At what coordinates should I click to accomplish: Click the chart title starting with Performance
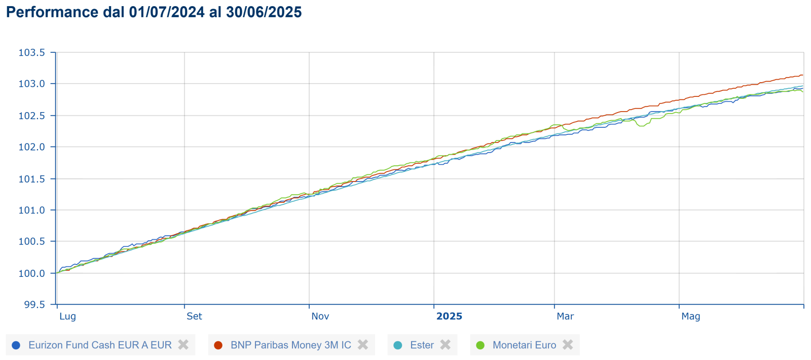[154, 12]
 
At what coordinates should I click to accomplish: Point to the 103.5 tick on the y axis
[31, 53]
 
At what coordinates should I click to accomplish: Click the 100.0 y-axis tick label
[31, 273]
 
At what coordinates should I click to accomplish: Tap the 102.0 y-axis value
[31, 147]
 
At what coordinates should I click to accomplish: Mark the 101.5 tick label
[31, 179]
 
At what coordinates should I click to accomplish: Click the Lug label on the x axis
[67, 316]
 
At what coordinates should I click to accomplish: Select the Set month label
[194, 316]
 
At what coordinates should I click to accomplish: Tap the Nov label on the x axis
[320, 316]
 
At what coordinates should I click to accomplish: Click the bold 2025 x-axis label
[449, 316]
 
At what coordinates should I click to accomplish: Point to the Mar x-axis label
[565, 316]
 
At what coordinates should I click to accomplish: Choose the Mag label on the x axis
[690, 316]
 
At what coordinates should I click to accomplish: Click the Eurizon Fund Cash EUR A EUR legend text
[100, 345]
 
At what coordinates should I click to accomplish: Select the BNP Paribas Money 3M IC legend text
[290, 345]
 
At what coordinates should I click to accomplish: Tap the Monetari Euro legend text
[524, 345]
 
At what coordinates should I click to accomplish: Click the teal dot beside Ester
[398, 345]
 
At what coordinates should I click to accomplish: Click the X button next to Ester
[446, 345]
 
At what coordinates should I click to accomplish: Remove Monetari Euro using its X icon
[568, 345]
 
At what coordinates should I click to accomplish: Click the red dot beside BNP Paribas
[218, 345]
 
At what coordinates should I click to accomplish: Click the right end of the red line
[802, 76]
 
